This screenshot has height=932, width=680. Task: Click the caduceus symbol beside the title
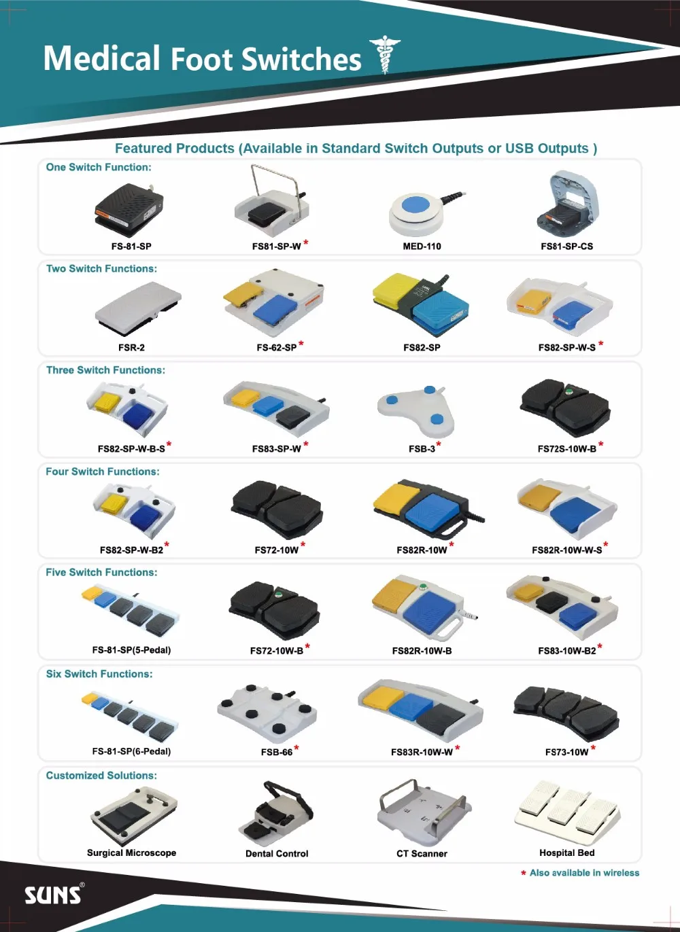pyautogui.click(x=385, y=54)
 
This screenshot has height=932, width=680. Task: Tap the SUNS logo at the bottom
pyautogui.click(x=54, y=894)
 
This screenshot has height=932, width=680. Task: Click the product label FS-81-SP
pyautogui.click(x=131, y=246)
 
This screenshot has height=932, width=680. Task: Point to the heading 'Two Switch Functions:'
pyautogui.click(x=101, y=269)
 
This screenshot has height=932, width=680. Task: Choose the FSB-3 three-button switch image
pyautogui.click(x=417, y=411)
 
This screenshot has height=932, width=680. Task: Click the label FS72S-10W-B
pyautogui.click(x=566, y=448)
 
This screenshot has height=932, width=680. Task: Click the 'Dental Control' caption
pyautogui.click(x=277, y=853)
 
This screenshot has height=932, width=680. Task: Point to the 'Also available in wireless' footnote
pyautogui.click(x=584, y=873)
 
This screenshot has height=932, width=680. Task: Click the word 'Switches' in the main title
pyautogui.click(x=301, y=59)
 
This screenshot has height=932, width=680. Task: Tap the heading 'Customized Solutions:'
pyautogui.click(x=101, y=776)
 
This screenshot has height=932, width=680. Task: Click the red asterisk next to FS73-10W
pyautogui.click(x=594, y=748)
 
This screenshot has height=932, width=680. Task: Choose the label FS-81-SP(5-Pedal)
pyautogui.click(x=131, y=650)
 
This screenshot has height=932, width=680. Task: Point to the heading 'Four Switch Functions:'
pyautogui.click(x=103, y=471)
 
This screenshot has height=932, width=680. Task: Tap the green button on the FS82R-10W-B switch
pyautogui.click(x=424, y=587)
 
